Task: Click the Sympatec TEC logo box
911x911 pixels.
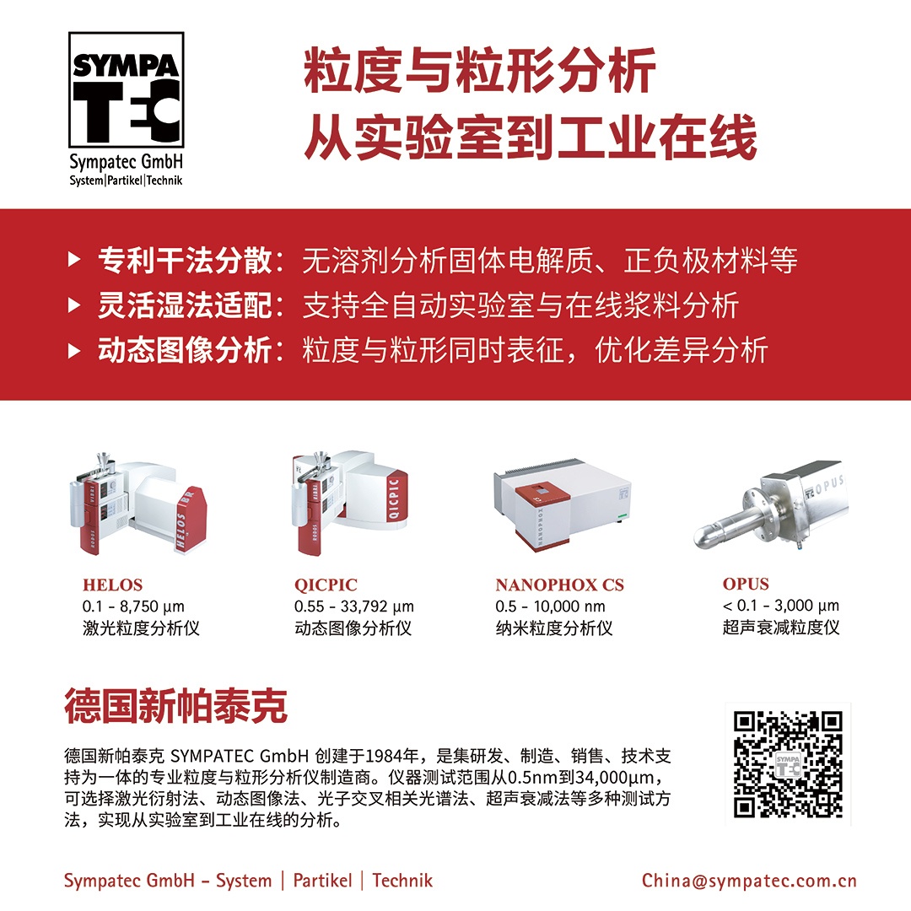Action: tap(126, 89)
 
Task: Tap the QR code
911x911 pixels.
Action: tap(788, 764)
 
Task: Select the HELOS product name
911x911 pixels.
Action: tap(112, 585)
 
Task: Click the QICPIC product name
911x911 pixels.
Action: tap(326, 585)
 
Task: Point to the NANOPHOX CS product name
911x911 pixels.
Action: tap(559, 585)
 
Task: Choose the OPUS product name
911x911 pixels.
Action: tap(746, 584)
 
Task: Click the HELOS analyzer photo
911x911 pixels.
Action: tap(137, 504)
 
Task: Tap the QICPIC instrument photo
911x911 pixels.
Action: tap(349, 502)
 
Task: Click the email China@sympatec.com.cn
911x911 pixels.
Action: tap(749, 880)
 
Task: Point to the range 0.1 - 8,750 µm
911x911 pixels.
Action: tap(133, 606)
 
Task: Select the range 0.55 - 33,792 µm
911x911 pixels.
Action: tap(353, 606)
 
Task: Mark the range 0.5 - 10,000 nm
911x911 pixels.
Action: tap(550, 606)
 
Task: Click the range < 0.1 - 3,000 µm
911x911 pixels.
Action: tap(781, 606)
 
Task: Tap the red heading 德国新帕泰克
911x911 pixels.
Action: tap(175, 706)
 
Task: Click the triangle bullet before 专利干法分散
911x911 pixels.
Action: tap(74, 259)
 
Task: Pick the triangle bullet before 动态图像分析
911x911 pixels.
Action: tap(74, 350)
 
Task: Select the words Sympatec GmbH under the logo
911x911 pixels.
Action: tap(126, 162)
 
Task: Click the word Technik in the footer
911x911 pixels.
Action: tap(402, 880)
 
